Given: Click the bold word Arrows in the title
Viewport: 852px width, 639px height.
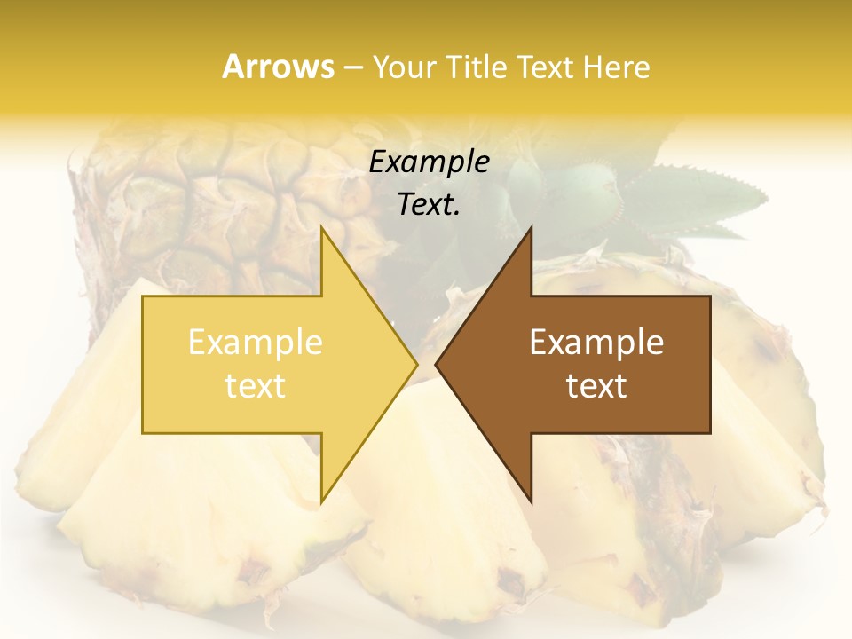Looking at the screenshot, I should pyautogui.click(x=278, y=67).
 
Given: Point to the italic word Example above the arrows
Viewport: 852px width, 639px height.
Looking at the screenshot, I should pyautogui.click(x=429, y=162).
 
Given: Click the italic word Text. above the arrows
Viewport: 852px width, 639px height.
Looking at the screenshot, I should pyautogui.click(x=429, y=205).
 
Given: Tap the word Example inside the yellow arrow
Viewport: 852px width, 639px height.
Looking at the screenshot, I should pyautogui.click(x=255, y=343).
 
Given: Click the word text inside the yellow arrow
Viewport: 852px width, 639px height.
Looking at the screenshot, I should pyautogui.click(x=255, y=386).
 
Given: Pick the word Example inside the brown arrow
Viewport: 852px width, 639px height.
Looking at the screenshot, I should pyautogui.click(x=596, y=343).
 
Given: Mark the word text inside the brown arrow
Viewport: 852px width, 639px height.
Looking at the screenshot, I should pyautogui.click(x=596, y=386).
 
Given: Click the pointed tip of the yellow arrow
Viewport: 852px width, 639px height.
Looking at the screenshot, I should pyautogui.click(x=415, y=364).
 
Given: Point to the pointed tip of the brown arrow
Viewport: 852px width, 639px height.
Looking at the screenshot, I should pyautogui.click(x=438, y=364).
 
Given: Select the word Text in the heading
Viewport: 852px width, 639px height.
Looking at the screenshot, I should pyautogui.click(x=544, y=67).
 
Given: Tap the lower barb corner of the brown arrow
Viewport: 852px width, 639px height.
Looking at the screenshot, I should pyautogui.click(x=531, y=501).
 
